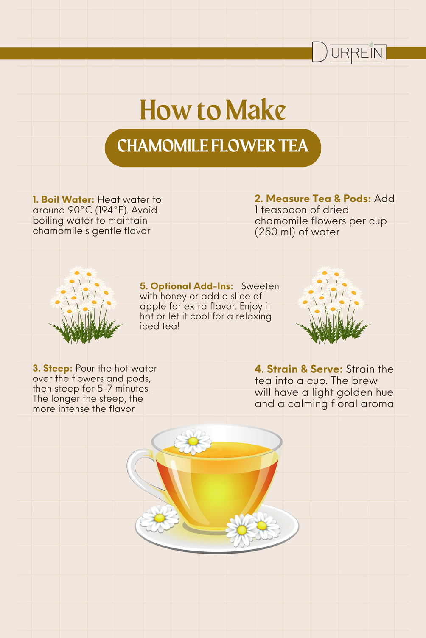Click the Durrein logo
(x=349, y=53)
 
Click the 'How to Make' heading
(x=213, y=110)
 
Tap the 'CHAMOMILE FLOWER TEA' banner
(x=213, y=148)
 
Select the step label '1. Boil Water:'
(x=63, y=199)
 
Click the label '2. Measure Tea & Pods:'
(x=313, y=199)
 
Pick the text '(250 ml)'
(x=275, y=232)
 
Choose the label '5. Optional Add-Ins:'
(x=186, y=286)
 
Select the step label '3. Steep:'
(x=53, y=368)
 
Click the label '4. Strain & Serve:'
(x=299, y=369)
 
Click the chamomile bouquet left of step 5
(x=86, y=305)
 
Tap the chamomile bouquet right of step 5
(x=334, y=305)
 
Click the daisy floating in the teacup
(x=193, y=442)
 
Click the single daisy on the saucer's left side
(x=160, y=518)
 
